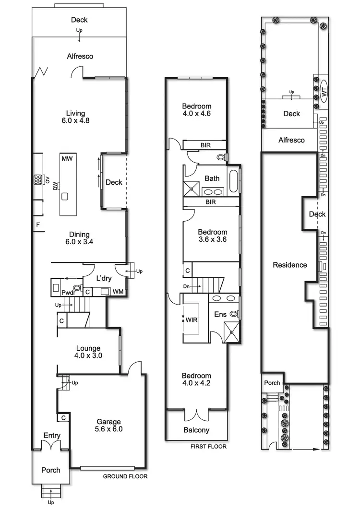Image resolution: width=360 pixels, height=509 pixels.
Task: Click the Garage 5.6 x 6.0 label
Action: point(108,426)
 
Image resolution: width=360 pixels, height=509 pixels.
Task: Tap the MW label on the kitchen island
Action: point(67,158)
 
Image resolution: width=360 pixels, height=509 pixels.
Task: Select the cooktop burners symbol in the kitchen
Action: point(37,180)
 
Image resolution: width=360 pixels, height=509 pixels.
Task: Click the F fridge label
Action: point(37,225)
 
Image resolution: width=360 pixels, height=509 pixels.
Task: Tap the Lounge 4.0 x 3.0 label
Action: point(88,352)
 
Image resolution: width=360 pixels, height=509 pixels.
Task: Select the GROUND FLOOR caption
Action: point(125,476)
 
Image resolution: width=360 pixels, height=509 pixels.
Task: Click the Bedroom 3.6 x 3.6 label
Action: point(212,235)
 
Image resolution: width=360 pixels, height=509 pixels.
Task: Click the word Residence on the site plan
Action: point(289,265)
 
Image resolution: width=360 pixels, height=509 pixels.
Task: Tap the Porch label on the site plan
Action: point(272,383)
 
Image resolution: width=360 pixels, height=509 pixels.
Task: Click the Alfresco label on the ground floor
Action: point(80,56)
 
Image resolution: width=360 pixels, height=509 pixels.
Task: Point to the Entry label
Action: point(52,436)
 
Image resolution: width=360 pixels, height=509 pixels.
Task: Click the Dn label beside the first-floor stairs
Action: point(186,286)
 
